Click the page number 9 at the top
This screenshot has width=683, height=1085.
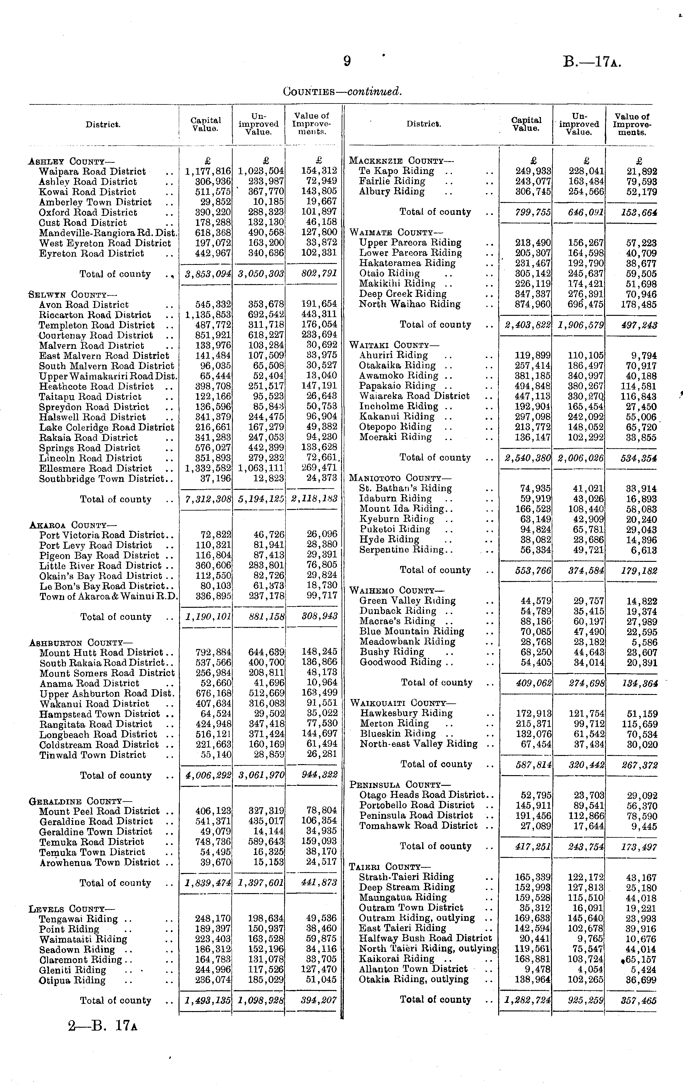(x=347, y=61)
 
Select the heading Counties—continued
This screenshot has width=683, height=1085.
(x=342, y=92)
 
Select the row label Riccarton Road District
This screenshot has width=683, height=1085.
(x=95, y=315)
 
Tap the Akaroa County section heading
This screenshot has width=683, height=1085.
(x=73, y=525)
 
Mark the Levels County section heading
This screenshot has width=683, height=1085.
(x=72, y=909)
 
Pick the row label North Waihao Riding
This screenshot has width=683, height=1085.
(x=410, y=304)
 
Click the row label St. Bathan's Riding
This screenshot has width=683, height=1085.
(x=405, y=488)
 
